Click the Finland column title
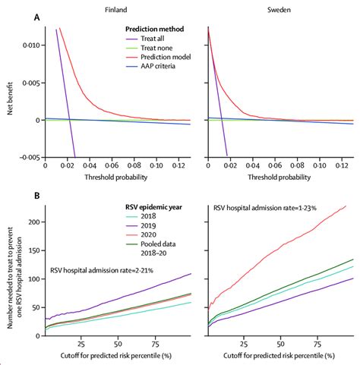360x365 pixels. [116, 8]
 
